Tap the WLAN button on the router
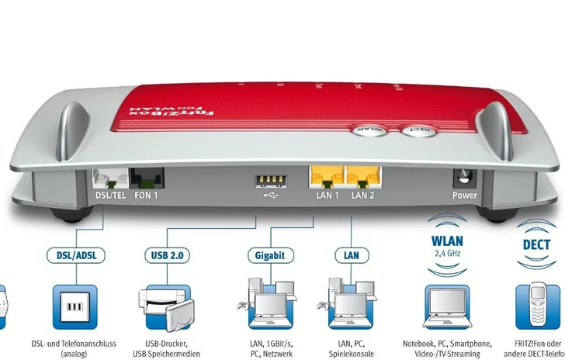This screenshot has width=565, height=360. (371, 130)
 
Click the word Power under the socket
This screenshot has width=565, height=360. (464, 196)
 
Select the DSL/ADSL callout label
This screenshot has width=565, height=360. (76, 254)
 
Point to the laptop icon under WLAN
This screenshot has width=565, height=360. (446, 306)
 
